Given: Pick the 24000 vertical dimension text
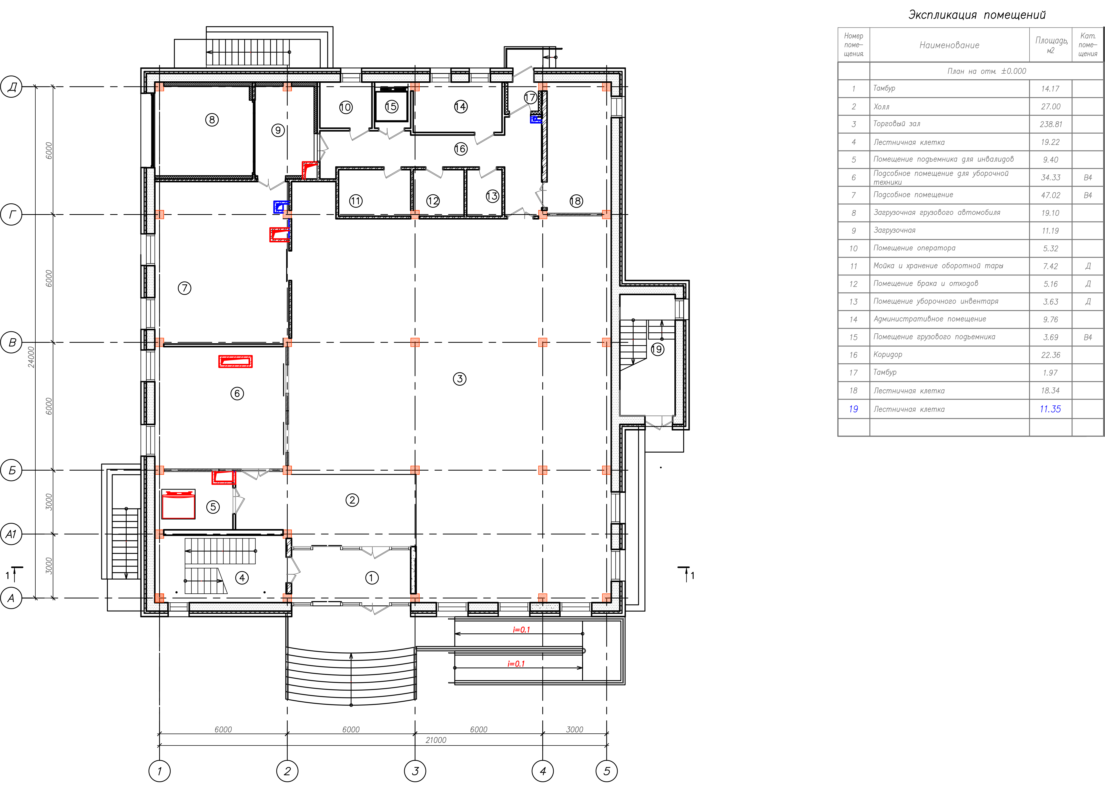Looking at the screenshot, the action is [x=31, y=357].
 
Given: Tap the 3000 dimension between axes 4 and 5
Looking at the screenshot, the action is [x=574, y=729].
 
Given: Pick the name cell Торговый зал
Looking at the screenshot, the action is [x=897, y=124].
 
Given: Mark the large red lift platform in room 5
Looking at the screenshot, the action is [x=178, y=504].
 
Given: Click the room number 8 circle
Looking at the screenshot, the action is [x=212, y=120].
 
